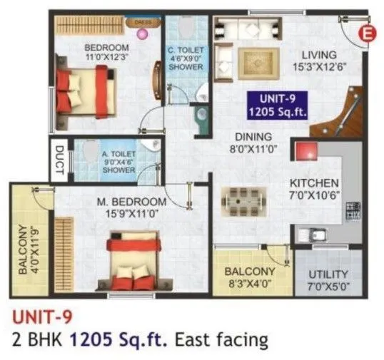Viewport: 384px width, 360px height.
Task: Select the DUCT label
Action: tap(60, 162)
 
